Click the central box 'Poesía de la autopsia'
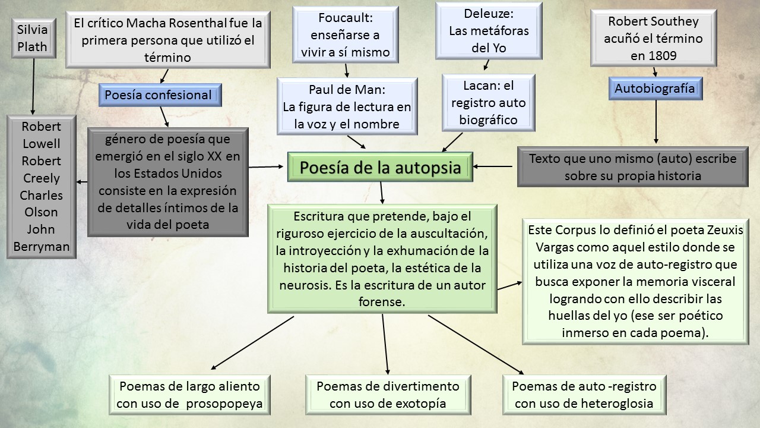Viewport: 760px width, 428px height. [380, 168]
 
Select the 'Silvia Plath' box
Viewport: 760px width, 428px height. [32, 38]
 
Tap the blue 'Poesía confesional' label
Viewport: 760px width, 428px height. [158, 95]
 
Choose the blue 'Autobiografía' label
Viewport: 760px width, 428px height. [654, 89]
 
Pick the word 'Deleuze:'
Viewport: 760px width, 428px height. [488, 13]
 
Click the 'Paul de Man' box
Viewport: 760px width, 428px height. [347, 107]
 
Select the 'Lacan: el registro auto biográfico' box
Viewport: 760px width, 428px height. [489, 103]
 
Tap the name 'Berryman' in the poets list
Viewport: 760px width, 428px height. [42, 246]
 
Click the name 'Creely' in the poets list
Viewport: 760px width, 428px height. [42, 178]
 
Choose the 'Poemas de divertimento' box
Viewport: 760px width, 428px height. [388, 395]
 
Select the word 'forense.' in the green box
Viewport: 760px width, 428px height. [382, 301]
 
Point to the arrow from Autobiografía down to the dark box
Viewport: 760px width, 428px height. [655, 122]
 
